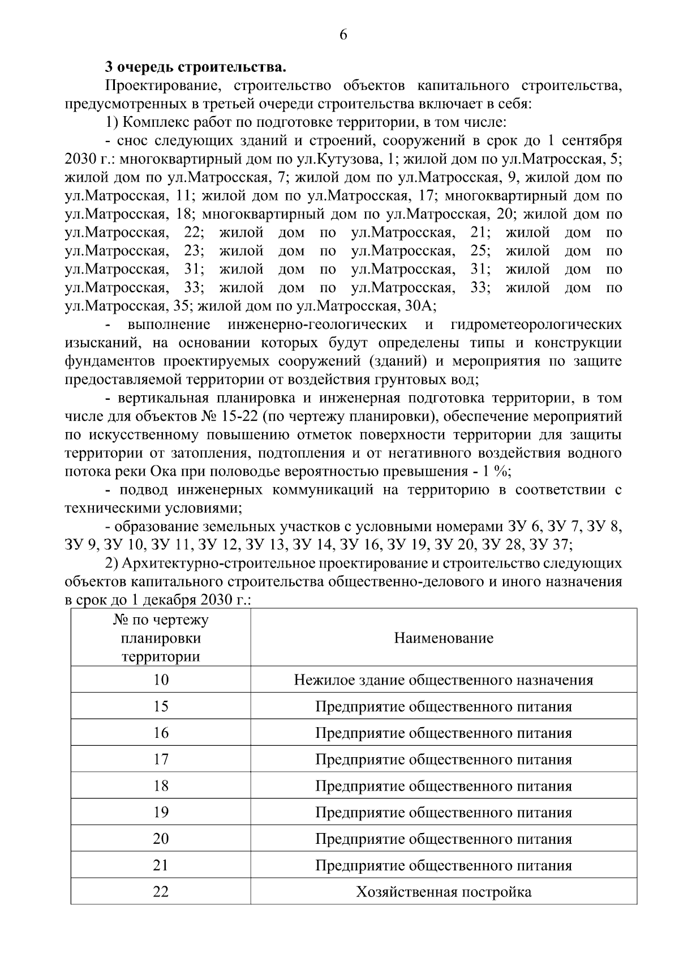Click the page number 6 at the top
pos(343,35)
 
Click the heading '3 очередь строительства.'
pos(196,67)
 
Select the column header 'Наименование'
pos(444,638)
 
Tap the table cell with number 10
pos(161,680)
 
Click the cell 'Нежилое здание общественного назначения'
pos(444,680)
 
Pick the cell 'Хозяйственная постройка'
pos(444,892)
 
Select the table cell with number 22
pos(161,892)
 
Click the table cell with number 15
pos(161,706)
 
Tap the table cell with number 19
pos(161,812)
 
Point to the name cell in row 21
pos(444,865)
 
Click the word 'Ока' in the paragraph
pos(164,472)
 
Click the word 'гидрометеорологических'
pos(536,324)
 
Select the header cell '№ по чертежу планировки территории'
pos(161,638)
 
